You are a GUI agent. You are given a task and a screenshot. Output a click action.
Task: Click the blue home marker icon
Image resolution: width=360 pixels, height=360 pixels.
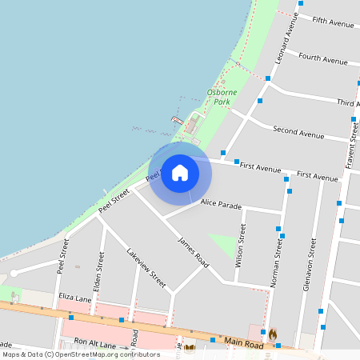[x=180, y=172]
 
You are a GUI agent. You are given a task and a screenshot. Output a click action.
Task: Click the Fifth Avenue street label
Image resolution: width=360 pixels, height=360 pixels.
[x=333, y=22]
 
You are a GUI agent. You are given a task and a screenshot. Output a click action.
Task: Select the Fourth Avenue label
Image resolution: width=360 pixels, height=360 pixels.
[x=322, y=58]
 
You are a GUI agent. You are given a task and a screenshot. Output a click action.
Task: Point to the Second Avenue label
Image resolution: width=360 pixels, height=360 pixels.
[x=298, y=130]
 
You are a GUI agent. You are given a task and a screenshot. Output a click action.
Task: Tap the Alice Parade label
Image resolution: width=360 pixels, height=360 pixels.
[x=221, y=206]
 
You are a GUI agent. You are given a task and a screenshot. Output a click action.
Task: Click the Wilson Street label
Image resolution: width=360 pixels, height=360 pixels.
[x=240, y=246]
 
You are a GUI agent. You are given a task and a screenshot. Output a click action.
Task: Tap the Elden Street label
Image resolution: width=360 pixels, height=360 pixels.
[x=99, y=271]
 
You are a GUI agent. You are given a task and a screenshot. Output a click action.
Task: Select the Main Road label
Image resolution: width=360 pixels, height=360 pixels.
[x=243, y=342]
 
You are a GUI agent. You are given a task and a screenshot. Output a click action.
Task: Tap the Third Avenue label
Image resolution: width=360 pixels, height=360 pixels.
[x=347, y=103]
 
